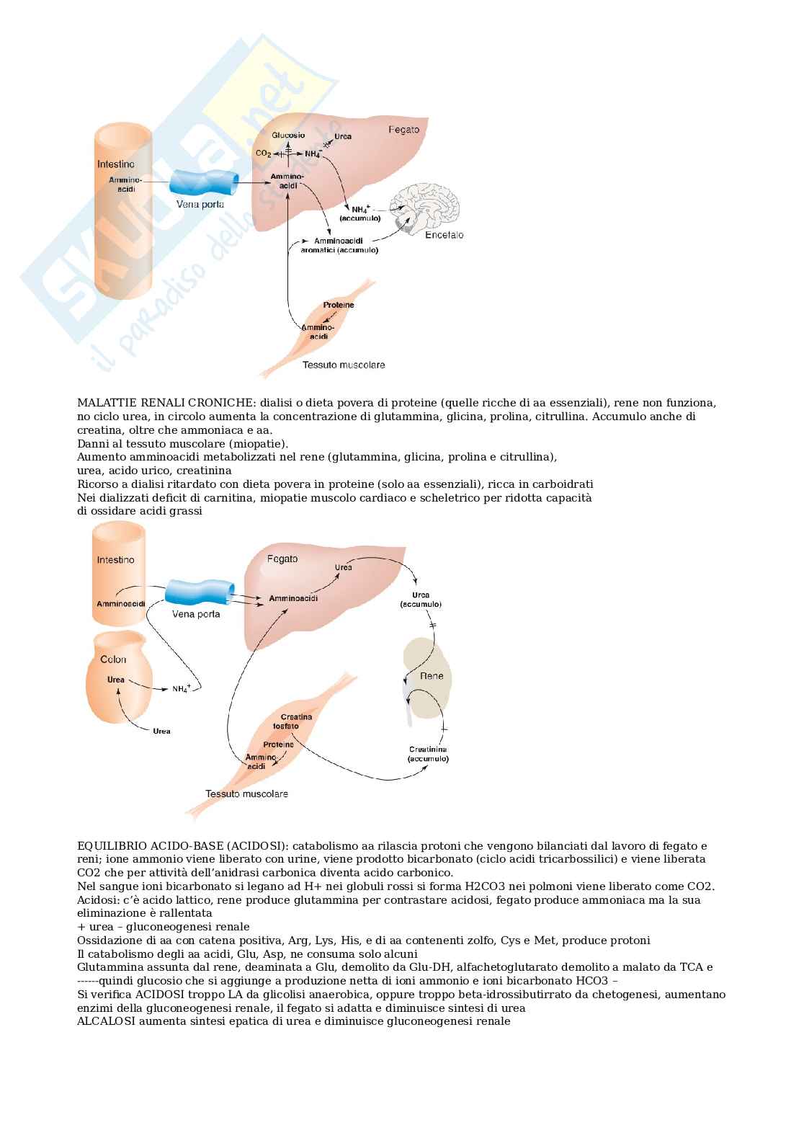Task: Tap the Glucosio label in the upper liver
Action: (x=288, y=135)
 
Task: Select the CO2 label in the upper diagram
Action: (x=263, y=154)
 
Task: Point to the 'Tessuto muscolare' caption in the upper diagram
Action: (x=344, y=365)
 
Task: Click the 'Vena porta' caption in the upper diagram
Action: (x=200, y=205)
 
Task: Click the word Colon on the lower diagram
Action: (x=113, y=659)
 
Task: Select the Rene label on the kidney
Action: (x=431, y=676)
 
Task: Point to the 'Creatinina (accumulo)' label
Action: (x=428, y=754)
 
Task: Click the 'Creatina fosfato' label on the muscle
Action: (x=295, y=721)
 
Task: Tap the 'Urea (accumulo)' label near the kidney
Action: (x=421, y=600)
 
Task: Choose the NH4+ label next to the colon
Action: (x=181, y=689)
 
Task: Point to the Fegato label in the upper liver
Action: (x=403, y=130)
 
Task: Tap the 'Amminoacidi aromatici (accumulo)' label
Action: (x=339, y=245)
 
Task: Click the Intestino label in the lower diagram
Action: (x=115, y=560)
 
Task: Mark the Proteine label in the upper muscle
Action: (x=338, y=305)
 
